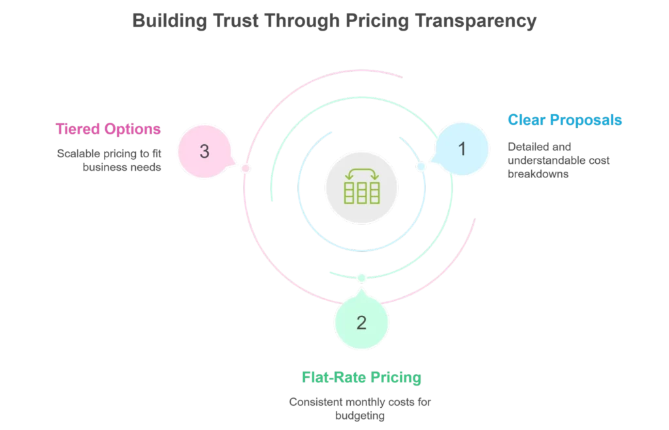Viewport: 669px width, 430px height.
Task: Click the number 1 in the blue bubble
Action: [463, 149]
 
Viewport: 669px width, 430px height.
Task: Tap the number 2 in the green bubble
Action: [361, 322]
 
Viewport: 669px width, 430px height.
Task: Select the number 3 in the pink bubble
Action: [204, 152]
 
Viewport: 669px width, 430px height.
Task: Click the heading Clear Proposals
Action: [564, 120]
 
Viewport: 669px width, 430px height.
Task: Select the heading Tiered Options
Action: [108, 129]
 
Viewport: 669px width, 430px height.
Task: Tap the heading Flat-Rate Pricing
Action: [361, 378]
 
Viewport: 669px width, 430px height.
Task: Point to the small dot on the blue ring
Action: [421, 168]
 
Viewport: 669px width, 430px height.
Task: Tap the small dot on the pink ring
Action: [244, 168]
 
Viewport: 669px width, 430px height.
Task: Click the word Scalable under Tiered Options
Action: [77, 151]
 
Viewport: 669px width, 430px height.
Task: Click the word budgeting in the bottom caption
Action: [361, 416]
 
